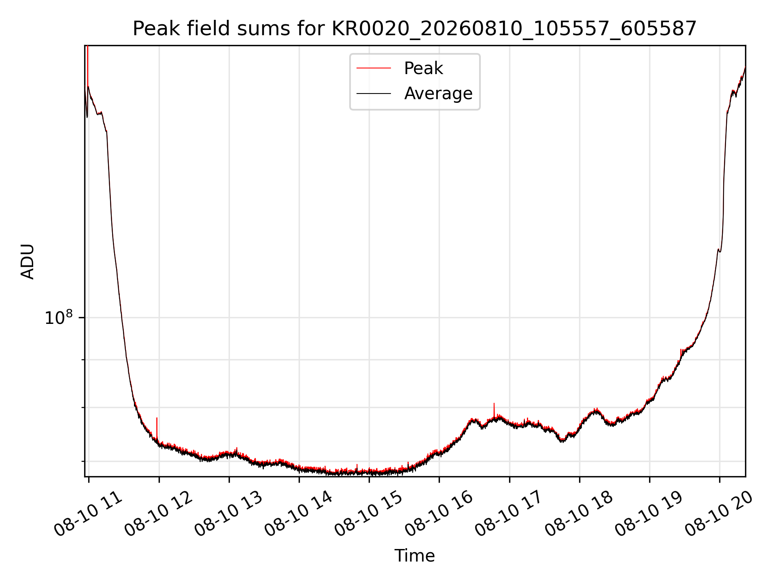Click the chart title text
coord(415,29)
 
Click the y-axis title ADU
coord(28,262)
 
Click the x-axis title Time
coord(415,556)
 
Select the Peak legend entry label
coord(423,68)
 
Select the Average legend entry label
coord(438,94)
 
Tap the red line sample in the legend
coord(374,68)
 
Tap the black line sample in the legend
coord(374,94)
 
